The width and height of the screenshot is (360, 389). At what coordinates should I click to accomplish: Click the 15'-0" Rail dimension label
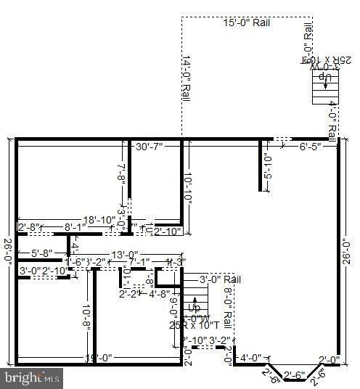click(x=247, y=22)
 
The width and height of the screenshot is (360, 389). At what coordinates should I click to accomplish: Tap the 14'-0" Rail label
click(x=187, y=78)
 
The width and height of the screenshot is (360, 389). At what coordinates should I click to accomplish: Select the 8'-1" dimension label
click(x=75, y=227)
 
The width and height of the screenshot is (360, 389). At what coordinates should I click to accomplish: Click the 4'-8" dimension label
click(x=159, y=294)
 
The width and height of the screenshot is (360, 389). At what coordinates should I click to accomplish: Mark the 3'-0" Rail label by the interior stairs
click(x=220, y=279)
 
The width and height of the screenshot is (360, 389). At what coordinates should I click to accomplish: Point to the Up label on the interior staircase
click(x=194, y=308)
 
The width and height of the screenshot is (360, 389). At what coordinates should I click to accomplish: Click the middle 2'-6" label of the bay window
click(x=294, y=374)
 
